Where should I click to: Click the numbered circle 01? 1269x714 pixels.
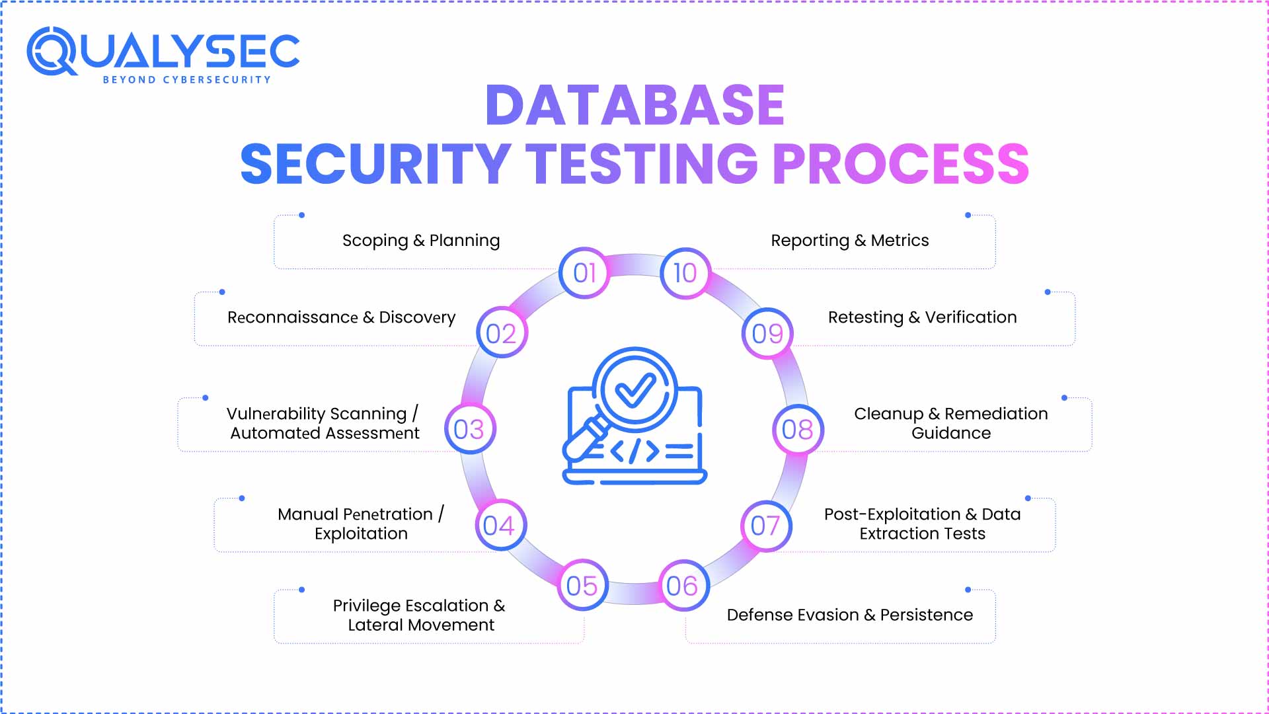click(x=584, y=273)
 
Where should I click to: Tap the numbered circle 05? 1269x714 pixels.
click(x=582, y=586)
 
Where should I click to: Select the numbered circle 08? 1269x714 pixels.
click(x=798, y=430)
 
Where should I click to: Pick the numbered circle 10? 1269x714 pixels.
click(x=685, y=273)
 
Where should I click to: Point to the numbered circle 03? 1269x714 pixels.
click(x=470, y=430)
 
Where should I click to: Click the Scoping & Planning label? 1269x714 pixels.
click(x=421, y=241)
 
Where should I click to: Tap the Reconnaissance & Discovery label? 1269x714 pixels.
click(x=341, y=317)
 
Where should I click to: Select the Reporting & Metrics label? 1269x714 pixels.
click(x=849, y=241)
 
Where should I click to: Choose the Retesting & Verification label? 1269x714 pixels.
click(x=922, y=317)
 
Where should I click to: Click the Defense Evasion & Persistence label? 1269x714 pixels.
click(x=849, y=615)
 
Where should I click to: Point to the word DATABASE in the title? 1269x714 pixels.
click(x=634, y=106)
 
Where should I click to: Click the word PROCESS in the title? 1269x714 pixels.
click(x=900, y=164)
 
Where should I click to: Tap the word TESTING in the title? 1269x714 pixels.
click(x=641, y=164)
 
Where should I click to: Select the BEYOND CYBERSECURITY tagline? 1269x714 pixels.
click(x=187, y=80)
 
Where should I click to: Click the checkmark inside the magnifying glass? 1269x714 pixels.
click(x=634, y=390)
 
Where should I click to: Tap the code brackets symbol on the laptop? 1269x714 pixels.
click(x=634, y=452)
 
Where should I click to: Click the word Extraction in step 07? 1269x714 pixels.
click(x=896, y=534)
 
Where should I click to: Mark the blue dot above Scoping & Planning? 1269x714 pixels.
click(x=302, y=215)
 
